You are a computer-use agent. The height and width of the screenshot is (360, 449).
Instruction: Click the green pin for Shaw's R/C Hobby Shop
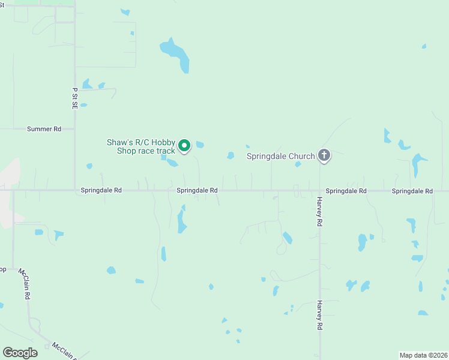185,145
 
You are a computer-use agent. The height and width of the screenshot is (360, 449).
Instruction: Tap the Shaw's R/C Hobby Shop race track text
141,146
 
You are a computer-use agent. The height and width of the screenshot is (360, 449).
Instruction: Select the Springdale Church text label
281,157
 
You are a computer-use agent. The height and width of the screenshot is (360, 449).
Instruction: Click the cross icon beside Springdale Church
324,156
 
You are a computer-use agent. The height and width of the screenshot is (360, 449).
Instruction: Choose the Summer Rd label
44,129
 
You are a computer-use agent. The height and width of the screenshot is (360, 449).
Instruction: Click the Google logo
20,353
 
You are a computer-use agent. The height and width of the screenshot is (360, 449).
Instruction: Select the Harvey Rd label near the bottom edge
320,316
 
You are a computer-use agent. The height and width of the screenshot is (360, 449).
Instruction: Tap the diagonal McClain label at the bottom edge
63,350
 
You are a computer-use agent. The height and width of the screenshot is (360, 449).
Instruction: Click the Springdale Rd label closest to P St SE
101,191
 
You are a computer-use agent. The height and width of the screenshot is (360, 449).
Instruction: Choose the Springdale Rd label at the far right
412,191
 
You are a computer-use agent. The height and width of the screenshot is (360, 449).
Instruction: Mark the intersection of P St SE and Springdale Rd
75,191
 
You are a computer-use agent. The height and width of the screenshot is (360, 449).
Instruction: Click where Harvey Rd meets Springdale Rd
320,191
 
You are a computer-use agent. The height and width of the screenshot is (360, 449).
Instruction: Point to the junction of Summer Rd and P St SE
75,128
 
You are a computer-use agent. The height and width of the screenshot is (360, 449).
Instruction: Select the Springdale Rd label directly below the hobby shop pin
197,191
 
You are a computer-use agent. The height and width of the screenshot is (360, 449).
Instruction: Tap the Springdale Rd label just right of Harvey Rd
346,191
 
